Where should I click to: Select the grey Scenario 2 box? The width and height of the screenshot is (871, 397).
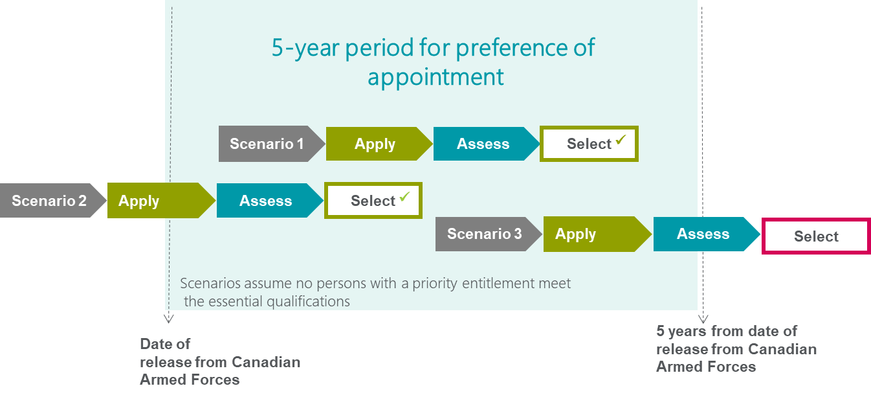pos(49,201)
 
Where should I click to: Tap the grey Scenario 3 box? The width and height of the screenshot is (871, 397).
pos(484,234)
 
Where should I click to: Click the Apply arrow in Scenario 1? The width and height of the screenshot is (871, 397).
pos(375,144)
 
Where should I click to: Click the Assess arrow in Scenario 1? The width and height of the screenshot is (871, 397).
pos(483,144)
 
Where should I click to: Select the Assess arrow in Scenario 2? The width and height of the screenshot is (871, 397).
pos(265,201)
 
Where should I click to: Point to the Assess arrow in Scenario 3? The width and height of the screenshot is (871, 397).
pos(703,234)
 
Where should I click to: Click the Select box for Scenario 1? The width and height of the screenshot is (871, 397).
pos(589,144)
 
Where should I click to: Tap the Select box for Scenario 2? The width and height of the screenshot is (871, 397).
pos(373,201)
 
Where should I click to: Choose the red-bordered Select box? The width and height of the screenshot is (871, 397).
pos(816,236)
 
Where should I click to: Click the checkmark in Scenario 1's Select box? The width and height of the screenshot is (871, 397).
pos(621,139)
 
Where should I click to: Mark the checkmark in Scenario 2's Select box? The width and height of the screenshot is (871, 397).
pos(405,196)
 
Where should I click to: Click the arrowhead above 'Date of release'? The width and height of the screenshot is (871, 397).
pos(168,317)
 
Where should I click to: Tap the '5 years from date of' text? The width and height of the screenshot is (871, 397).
pos(726,332)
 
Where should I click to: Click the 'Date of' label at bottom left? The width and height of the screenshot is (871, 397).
pos(165,344)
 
